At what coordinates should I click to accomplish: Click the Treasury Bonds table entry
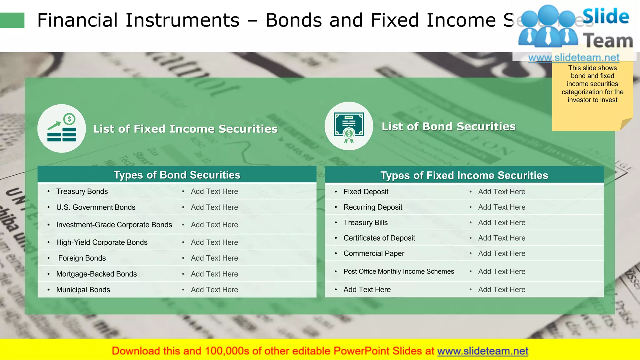click(x=82, y=191)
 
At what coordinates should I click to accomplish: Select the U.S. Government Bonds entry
click(x=96, y=207)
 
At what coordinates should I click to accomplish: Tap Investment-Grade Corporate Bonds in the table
click(x=114, y=225)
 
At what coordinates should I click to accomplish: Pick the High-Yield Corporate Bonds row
click(x=102, y=242)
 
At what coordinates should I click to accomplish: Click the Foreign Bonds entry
click(x=82, y=258)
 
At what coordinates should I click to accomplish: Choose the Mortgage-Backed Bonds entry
click(x=96, y=274)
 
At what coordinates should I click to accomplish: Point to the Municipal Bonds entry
click(x=83, y=290)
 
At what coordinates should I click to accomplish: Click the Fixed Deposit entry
click(x=366, y=192)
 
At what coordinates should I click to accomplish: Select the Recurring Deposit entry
click(x=373, y=207)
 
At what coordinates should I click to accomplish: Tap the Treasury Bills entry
click(x=366, y=222)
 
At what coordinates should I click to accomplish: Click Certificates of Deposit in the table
click(x=379, y=238)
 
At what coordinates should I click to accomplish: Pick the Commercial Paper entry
click(x=374, y=253)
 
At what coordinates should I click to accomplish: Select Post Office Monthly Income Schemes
click(x=399, y=272)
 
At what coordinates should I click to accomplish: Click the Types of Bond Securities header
click(x=177, y=175)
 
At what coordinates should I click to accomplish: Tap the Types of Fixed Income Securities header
click(x=464, y=175)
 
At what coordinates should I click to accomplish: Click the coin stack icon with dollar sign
click(x=62, y=128)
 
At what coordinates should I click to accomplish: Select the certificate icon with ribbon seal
click(x=349, y=126)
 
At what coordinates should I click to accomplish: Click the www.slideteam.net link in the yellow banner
click(x=482, y=351)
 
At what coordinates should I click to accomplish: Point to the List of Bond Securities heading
click(x=448, y=126)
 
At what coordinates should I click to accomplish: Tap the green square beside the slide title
click(x=12, y=20)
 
